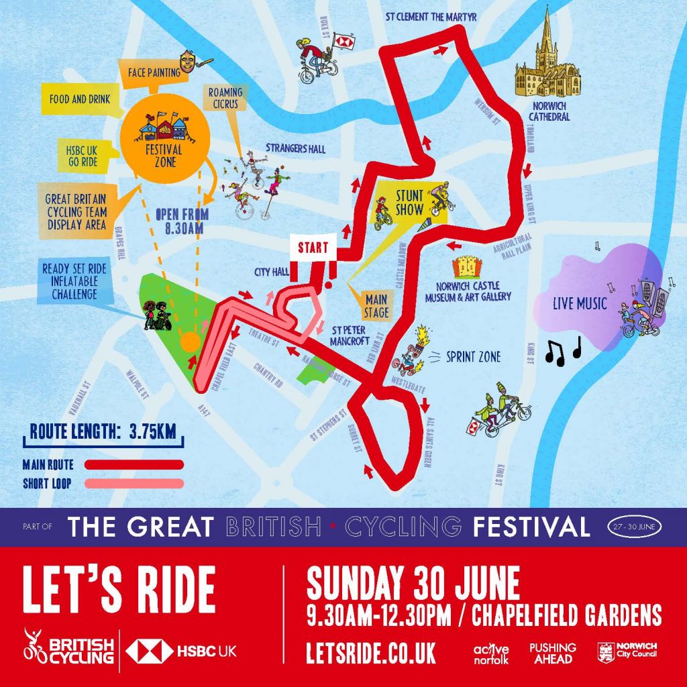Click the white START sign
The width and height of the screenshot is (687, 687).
[x=313, y=246]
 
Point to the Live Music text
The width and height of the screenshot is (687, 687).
[x=580, y=303]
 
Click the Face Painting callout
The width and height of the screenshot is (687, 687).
[x=152, y=72]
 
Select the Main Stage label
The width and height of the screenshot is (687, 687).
[x=376, y=306]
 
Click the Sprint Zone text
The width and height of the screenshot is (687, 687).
[x=473, y=358]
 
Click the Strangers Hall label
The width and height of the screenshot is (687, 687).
[x=295, y=148]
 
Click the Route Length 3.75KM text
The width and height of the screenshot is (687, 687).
[x=103, y=432]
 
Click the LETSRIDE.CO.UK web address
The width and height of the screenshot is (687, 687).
[x=370, y=652]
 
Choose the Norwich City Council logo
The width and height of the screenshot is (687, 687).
[x=627, y=652]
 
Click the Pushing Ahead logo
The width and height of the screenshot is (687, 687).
[x=553, y=653]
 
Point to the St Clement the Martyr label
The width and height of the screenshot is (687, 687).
[x=431, y=17]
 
